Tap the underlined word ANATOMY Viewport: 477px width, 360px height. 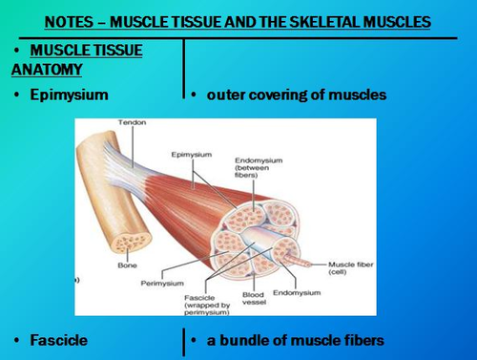point(49,69)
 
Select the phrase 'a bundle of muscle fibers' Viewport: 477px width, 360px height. point(292,339)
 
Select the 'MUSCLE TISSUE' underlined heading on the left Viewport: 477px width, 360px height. point(86,50)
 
